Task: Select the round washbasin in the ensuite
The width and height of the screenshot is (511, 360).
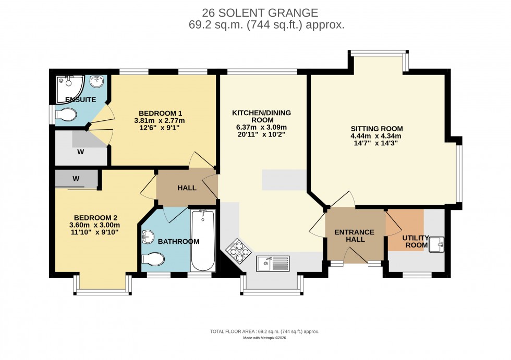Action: (97, 82)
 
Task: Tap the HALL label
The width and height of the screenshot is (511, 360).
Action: (187, 188)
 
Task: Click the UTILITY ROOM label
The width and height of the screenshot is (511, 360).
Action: (415, 241)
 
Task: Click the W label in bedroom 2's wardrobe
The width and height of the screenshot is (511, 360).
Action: (76, 179)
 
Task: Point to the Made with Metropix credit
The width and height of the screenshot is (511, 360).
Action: (264, 338)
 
